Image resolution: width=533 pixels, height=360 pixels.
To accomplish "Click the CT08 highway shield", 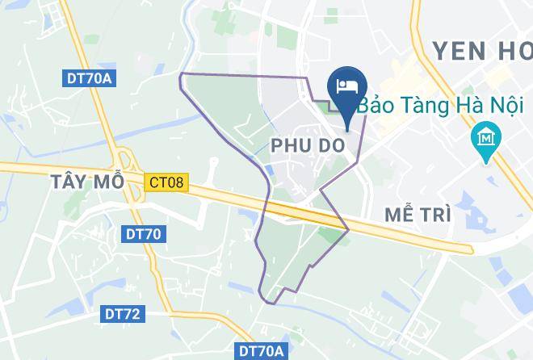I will coord(166,182).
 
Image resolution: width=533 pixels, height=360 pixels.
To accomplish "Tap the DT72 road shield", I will coord(121,314).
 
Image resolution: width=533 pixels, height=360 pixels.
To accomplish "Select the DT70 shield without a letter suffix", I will coord(143,235).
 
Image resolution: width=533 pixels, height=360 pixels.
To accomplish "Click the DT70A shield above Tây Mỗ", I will coord(89,78).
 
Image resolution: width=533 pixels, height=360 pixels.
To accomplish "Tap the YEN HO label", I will coord(482,51).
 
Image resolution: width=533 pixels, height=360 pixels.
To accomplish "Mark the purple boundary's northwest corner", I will coord(179,73).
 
